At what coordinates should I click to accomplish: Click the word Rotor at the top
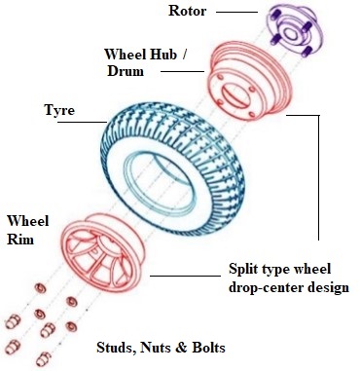click(x=187, y=12)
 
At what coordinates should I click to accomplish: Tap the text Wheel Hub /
click(x=145, y=53)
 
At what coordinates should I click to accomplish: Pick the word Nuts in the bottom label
click(x=159, y=347)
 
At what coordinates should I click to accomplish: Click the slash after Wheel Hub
click(x=184, y=53)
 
